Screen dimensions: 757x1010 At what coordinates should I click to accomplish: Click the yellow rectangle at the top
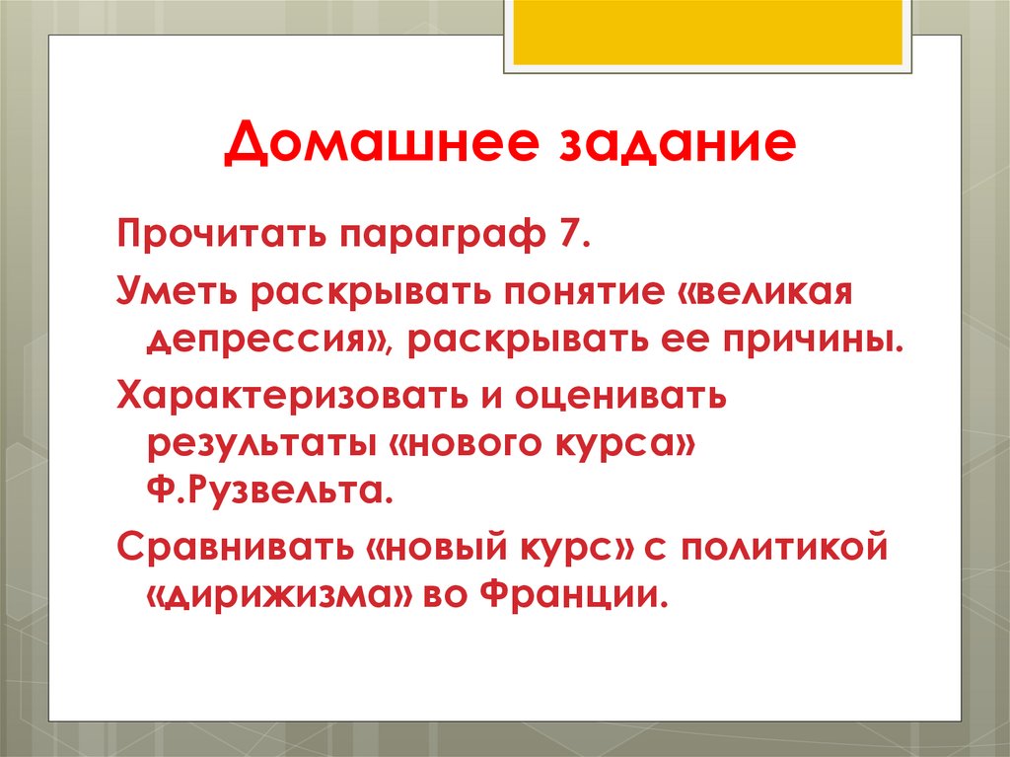pos(707,31)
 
